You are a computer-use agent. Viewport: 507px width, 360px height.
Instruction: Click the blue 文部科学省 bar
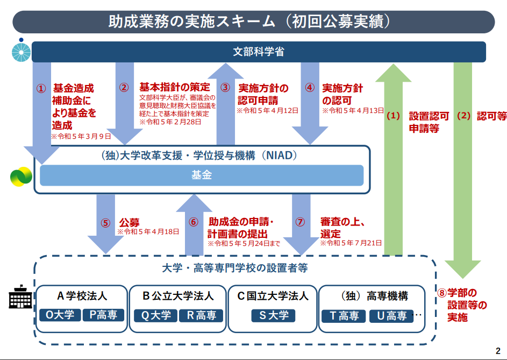pyautogui.click(x=259, y=52)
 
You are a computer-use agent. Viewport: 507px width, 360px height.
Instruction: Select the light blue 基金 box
pyautogui.click(x=202, y=175)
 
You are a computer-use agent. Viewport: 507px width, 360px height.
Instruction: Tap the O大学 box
pyautogui.click(x=60, y=315)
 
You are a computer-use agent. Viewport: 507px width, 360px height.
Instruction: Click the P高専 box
pyautogui.click(x=103, y=315)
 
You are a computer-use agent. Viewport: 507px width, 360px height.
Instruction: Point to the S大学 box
pyautogui.click(x=274, y=315)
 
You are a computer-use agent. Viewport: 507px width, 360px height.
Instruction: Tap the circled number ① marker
pyautogui.click(x=41, y=88)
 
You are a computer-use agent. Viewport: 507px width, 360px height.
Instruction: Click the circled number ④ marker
pyautogui.click(x=310, y=87)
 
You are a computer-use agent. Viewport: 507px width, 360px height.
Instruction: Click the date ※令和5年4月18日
pyautogui.click(x=148, y=232)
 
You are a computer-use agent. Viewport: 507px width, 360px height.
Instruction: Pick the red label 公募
pyautogui.click(x=129, y=222)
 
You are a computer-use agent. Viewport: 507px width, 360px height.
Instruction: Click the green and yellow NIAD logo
pyautogui.click(x=22, y=177)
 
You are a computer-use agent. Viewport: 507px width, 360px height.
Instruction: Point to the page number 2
pyautogui.click(x=497, y=348)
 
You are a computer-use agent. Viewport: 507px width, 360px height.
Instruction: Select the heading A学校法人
pyautogui.click(x=82, y=296)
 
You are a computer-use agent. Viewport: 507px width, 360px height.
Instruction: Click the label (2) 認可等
pyautogui.click(x=482, y=116)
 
